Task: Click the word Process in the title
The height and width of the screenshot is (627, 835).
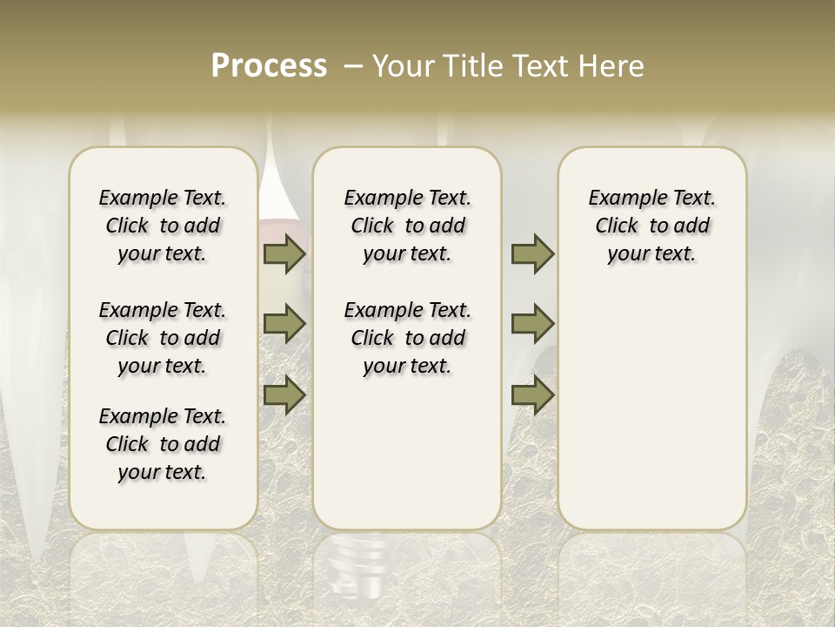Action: (x=269, y=66)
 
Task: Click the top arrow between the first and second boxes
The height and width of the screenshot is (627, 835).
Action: (x=284, y=253)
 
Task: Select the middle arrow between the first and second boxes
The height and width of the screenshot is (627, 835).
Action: (x=284, y=324)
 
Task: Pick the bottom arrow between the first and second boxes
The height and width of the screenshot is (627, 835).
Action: (x=284, y=394)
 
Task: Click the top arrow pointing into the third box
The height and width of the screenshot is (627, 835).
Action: (x=532, y=253)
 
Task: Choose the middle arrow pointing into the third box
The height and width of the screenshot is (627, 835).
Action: (x=532, y=324)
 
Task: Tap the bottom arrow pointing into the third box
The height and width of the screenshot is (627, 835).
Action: (x=532, y=394)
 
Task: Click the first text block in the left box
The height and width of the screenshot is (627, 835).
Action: (x=163, y=226)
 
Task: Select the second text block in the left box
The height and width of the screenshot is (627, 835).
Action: (x=163, y=338)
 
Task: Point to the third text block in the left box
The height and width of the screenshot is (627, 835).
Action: (x=163, y=444)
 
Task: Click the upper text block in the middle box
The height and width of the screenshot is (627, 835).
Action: (x=407, y=226)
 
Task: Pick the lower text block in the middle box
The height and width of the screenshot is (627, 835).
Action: (x=407, y=338)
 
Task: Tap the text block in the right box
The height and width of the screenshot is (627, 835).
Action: (x=651, y=226)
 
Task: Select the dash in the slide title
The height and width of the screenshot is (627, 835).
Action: (x=354, y=66)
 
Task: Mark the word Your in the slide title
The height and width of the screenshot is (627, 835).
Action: (x=403, y=66)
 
